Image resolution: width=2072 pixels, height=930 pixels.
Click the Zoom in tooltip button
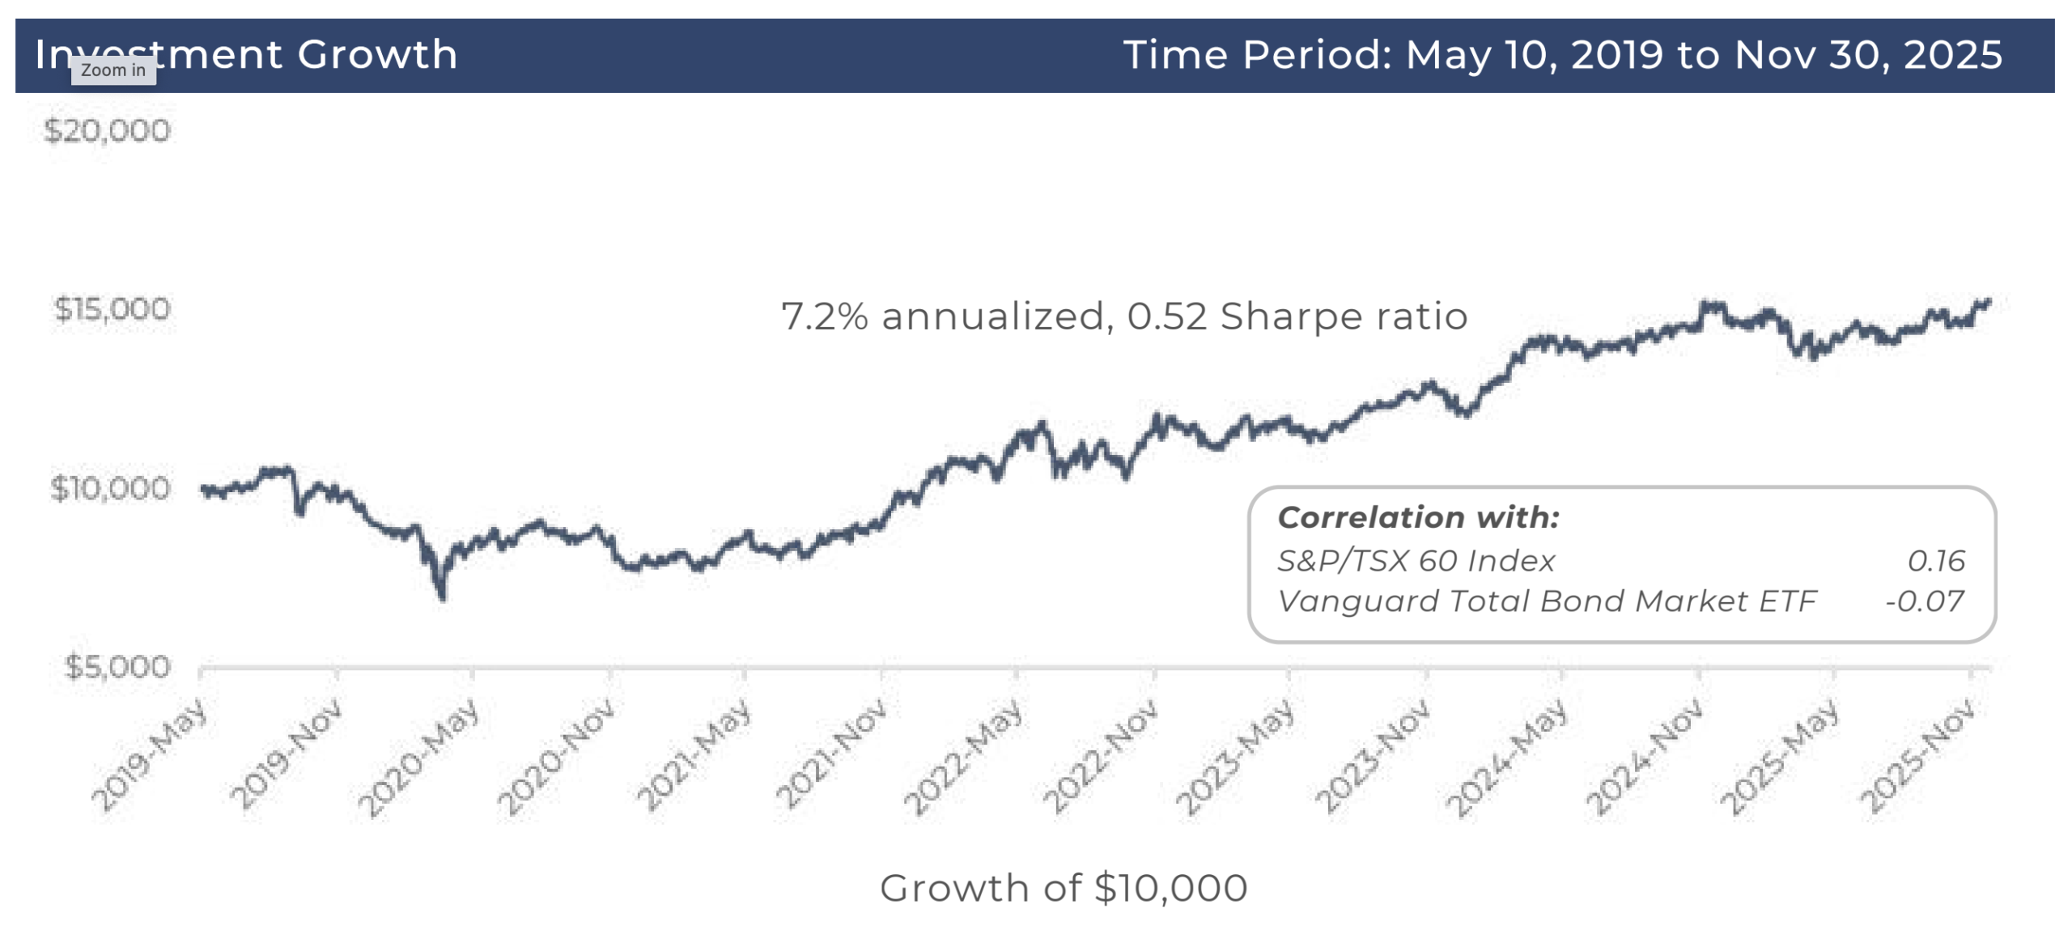(x=113, y=70)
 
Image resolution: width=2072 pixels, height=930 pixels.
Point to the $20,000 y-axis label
(x=107, y=130)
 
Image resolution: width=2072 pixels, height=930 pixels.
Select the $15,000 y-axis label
(x=112, y=308)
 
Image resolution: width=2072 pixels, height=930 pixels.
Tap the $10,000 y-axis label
(x=110, y=487)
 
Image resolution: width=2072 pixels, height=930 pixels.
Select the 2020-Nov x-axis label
(x=557, y=757)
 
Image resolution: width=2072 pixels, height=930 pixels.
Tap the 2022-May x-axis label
(x=963, y=757)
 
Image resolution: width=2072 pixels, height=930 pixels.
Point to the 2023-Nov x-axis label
(x=1372, y=757)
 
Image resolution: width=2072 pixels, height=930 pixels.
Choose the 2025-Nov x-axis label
(x=1917, y=757)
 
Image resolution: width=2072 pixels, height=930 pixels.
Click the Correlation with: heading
(x=1417, y=516)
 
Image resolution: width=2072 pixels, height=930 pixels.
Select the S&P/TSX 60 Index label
(x=1415, y=560)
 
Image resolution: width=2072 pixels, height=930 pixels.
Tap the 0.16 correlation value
(x=1935, y=560)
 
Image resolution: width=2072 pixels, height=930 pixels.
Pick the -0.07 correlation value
(x=1924, y=601)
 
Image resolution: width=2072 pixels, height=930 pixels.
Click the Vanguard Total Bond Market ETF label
(x=1546, y=601)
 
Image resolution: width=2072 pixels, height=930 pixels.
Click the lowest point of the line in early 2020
(x=442, y=597)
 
